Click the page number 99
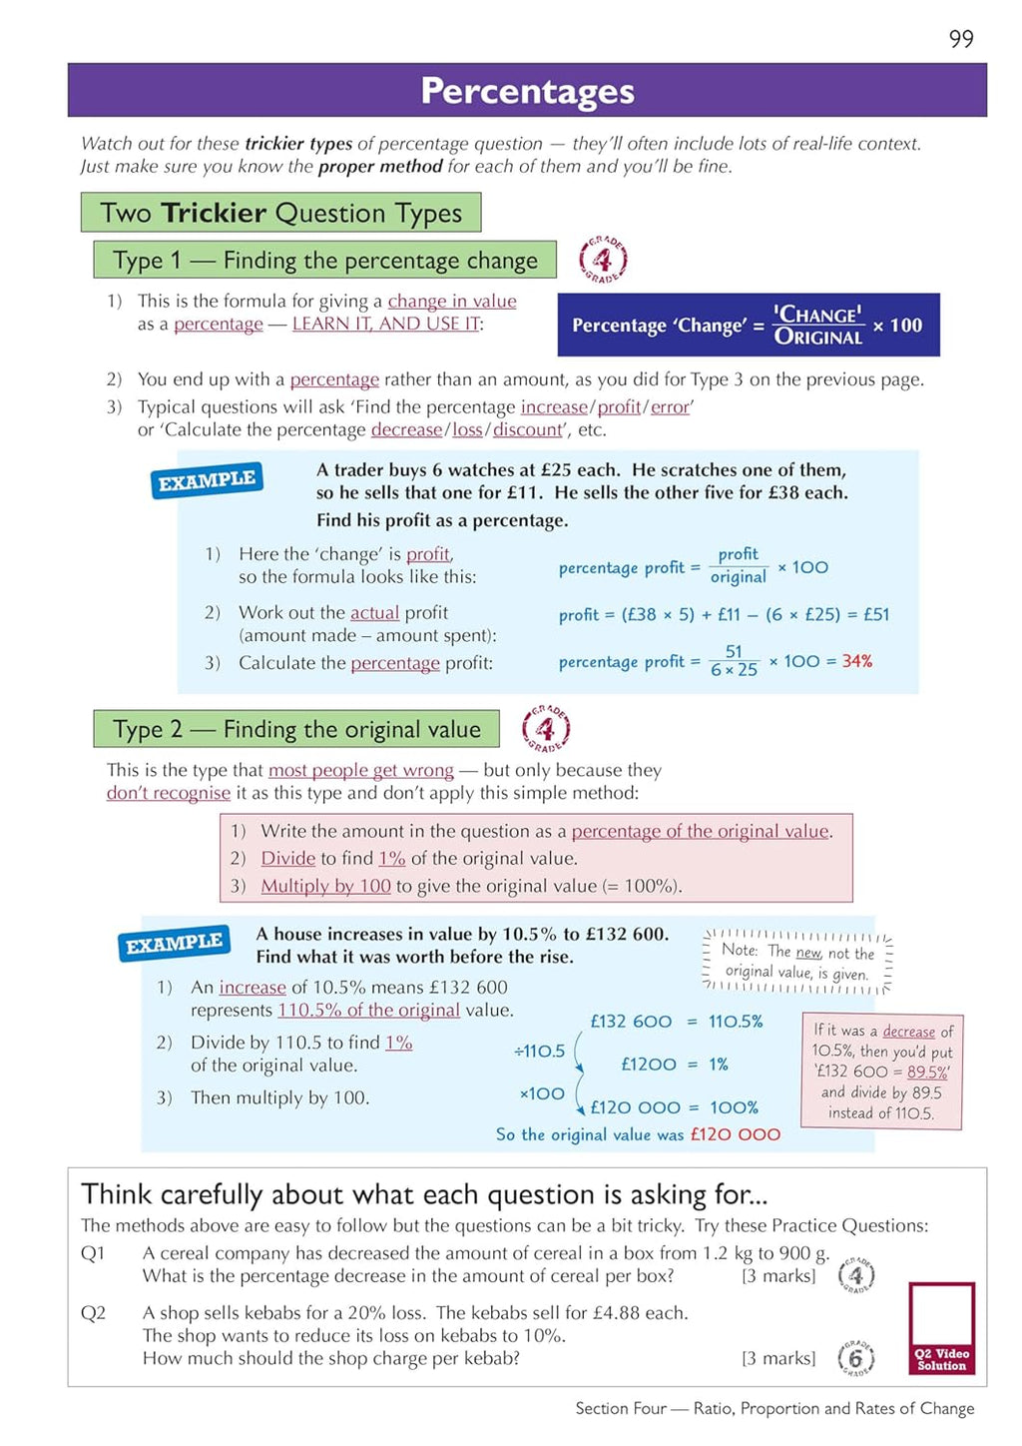click(x=961, y=39)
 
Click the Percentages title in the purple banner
click(x=527, y=91)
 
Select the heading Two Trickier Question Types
click(x=280, y=213)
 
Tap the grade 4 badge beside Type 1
click(x=603, y=261)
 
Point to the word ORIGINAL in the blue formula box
click(x=818, y=338)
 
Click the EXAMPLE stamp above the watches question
click(x=207, y=480)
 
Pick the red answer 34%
click(x=856, y=661)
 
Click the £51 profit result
click(x=875, y=615)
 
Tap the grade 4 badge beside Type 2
click(x=546, y=729)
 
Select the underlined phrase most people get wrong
click(x=360, y=770)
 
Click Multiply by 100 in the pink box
click(x=325, y=886)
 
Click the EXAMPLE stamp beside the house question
click(x=174, y=943)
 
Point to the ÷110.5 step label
click(x=540, y=1051)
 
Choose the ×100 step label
click(x=542, y=1093)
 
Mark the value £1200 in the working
click(x=648, y=1065)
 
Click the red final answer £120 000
click(x=735, y=1134)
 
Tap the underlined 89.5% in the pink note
click(x=927, y=1072)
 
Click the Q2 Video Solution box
click(x=941, y=1328)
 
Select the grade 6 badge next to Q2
click(x=855, y=1358)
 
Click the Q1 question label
click(x=93, y=1253)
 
